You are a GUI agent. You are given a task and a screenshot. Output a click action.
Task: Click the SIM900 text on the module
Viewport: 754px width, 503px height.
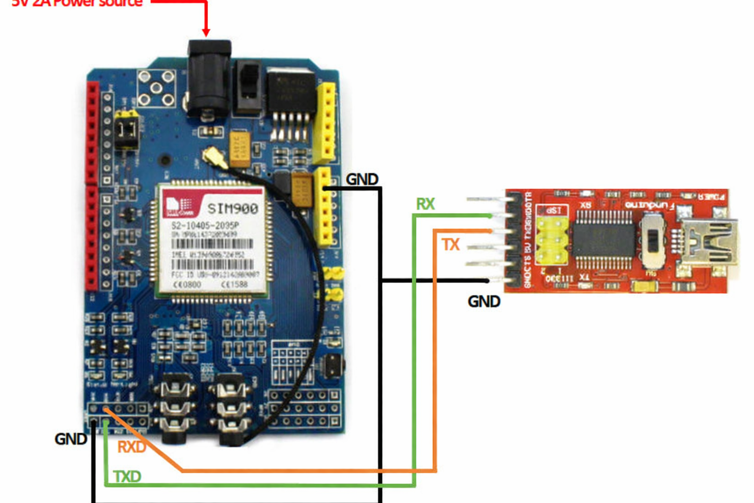click(x=233, y=209)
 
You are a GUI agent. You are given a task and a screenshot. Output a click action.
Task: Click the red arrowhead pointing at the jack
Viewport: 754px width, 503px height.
click(x=206, y=32)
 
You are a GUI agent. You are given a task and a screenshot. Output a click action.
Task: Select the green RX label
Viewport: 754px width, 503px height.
click(x=425, y=204)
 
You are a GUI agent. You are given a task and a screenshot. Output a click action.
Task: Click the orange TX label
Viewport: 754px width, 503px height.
click(x=450, y=244)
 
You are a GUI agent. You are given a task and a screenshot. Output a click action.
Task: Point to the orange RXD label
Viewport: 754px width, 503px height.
click(x=132, y=447)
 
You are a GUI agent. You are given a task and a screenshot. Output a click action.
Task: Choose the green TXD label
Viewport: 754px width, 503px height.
click(x=127, y=476)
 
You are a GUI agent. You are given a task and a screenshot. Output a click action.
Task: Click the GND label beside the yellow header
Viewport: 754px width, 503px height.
click(x=362, y=179)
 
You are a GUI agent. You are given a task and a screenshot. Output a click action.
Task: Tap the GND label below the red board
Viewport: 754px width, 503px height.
click(x=484, y=301)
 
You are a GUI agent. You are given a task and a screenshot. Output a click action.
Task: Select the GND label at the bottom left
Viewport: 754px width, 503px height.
click(x=71, y=439)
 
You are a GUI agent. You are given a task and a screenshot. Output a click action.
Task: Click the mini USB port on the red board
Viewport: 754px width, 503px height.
click(x=712, y=243)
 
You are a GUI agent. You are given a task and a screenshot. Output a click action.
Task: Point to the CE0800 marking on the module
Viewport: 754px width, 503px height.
click(x=187, y=284)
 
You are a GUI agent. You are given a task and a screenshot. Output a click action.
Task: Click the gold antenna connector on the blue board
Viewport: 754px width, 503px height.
click(x=214, y=157)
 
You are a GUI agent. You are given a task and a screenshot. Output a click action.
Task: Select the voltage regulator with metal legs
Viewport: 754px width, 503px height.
click(x=291, y=101)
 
